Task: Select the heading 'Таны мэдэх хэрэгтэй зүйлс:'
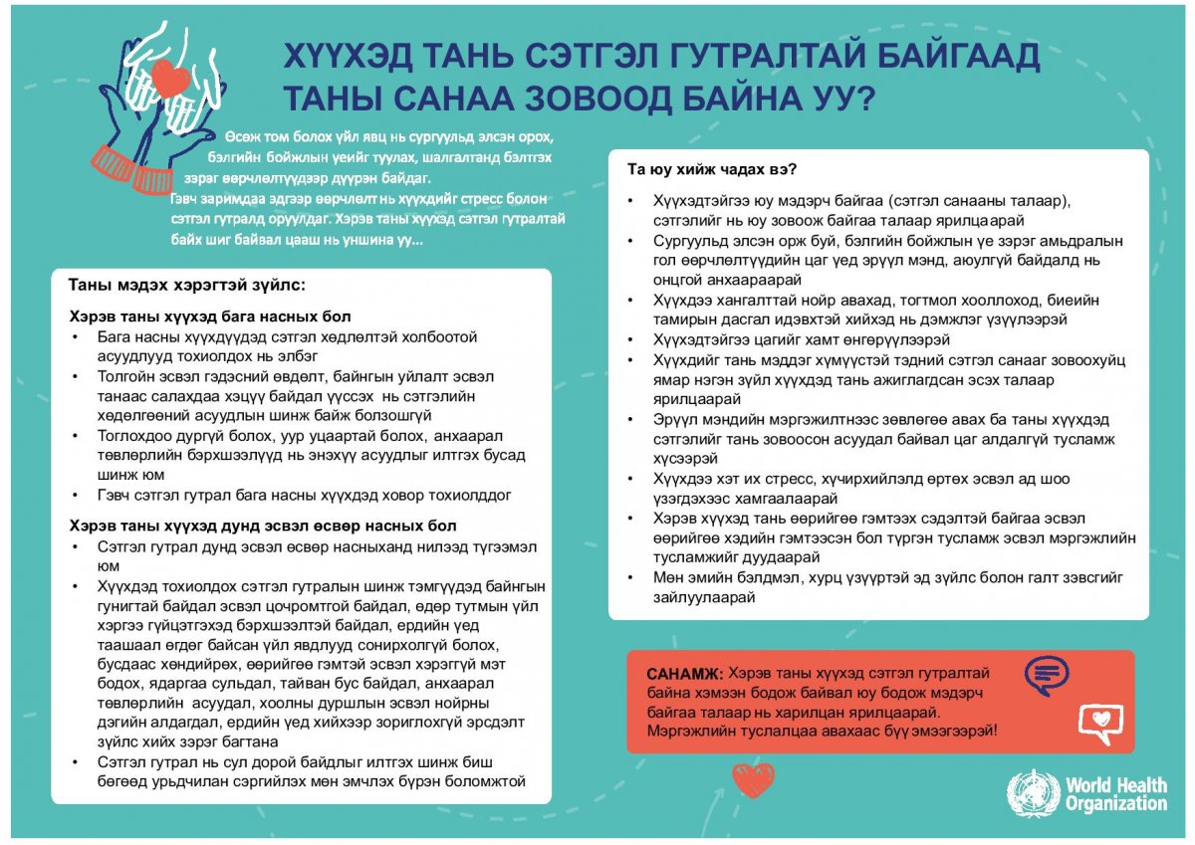pyautogui.click(x=186, y=285)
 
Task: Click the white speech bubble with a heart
pyautogui.click(x=1099, y=721)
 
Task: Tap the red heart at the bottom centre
pyautogui.click(x=753, y=779)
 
